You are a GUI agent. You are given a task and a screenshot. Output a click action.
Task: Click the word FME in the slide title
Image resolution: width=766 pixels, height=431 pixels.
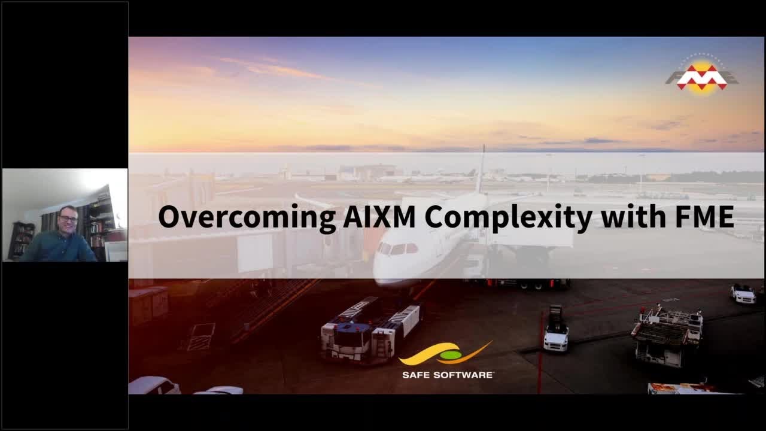pos(704,216)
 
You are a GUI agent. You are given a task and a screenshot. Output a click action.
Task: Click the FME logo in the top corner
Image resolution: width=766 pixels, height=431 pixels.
pos(701,77)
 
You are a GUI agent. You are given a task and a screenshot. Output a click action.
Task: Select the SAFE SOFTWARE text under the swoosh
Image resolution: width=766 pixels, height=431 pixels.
pos(448,375)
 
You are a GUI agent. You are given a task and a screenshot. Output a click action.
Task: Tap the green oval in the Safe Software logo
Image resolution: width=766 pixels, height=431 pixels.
pos(451,356)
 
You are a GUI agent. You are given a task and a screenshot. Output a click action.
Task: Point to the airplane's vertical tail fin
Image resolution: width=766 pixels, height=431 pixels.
pos(481,171)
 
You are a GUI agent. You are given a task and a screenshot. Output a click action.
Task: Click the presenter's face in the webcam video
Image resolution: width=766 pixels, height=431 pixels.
pos(68,220)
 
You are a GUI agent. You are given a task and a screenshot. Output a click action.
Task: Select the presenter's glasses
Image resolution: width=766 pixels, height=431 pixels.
pos(68,218)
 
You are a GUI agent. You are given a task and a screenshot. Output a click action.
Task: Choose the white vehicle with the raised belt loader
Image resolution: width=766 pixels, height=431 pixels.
pos(555,332)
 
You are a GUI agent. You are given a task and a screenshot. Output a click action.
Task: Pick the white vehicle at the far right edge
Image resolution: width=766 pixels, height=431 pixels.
pos(743,293)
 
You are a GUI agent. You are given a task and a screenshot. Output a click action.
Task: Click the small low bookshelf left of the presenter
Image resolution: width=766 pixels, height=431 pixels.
pos(22,239)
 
